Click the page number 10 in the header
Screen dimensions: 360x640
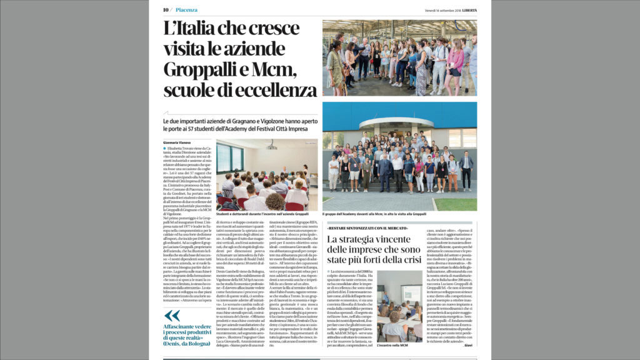(166, 10)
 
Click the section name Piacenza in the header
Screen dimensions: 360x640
(187, 10)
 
